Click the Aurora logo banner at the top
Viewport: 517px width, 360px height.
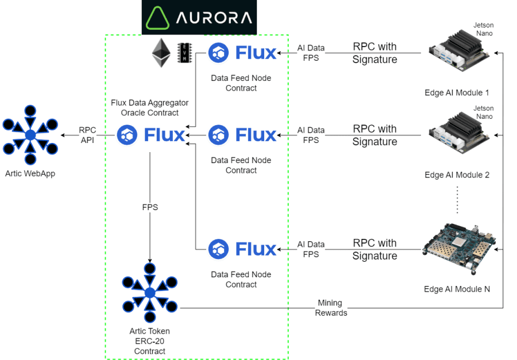pyautogui.click(x=199, y=17)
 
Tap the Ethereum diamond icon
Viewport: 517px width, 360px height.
pyautogui.click(x=161, y=54)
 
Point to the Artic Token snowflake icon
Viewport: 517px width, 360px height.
pyautogui.click(x=150, y=293)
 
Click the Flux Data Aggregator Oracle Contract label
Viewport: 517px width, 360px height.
pyautogui.click(x=150, y=108)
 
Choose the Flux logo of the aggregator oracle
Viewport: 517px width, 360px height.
pyautogui.click(x=151, y=136)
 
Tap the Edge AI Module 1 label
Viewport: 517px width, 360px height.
pyautogui.click(x=457, y=92)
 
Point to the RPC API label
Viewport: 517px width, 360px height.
pyautogui.click(x=87, y=136)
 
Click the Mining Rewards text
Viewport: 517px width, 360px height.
pyautogui.click(x=330, y=308)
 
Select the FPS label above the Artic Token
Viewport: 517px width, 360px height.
pyautogui.click(x=150, y=207)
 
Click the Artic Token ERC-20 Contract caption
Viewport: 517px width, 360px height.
pyautogui.click(x=150, y=341)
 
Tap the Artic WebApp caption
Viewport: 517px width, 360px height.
pyautogui.click(x=30, y=173)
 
